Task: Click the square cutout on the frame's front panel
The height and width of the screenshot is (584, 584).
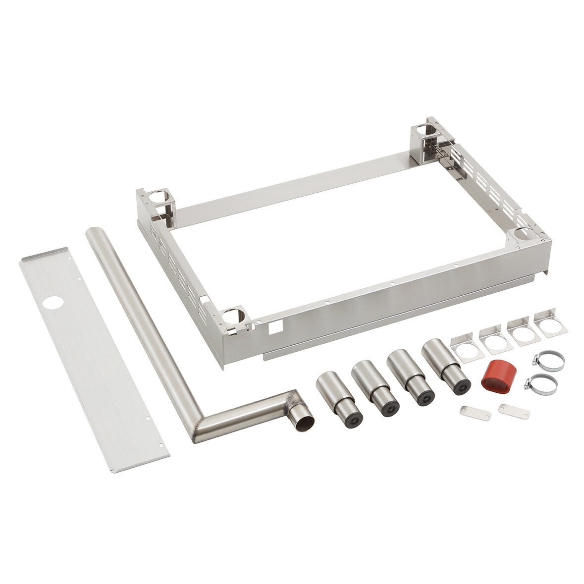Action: (x=272, y=327)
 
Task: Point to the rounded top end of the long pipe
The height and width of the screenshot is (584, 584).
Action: (x=94, y=233)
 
